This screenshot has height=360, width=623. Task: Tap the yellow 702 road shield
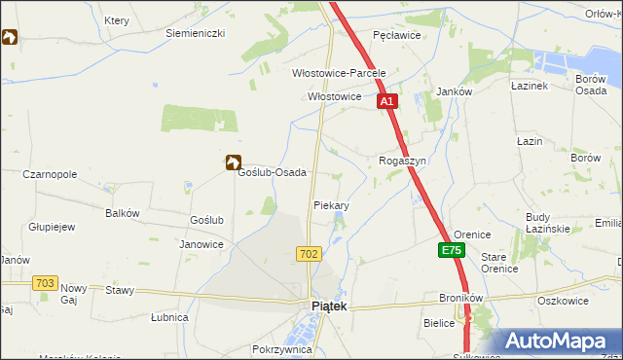[x=309, y=253]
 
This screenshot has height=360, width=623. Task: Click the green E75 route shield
[x=451, y=251]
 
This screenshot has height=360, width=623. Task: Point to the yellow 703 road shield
[x=44, y=282]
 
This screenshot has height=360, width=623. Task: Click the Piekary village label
[x=331, y=206]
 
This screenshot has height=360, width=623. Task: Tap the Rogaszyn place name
[x=403, y=161]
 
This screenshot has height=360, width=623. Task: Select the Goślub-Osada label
[x=273, y=172]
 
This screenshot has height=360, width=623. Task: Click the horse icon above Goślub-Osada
[x=234, y=163]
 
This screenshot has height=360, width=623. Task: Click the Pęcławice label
[x=396, y=34]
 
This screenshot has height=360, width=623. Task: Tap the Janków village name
[x=454, y=91]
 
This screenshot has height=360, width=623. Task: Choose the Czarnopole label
[x=50, y=174]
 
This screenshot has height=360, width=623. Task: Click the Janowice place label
[x=202, y=244]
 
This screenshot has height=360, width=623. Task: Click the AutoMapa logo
[x=554, y=342]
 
